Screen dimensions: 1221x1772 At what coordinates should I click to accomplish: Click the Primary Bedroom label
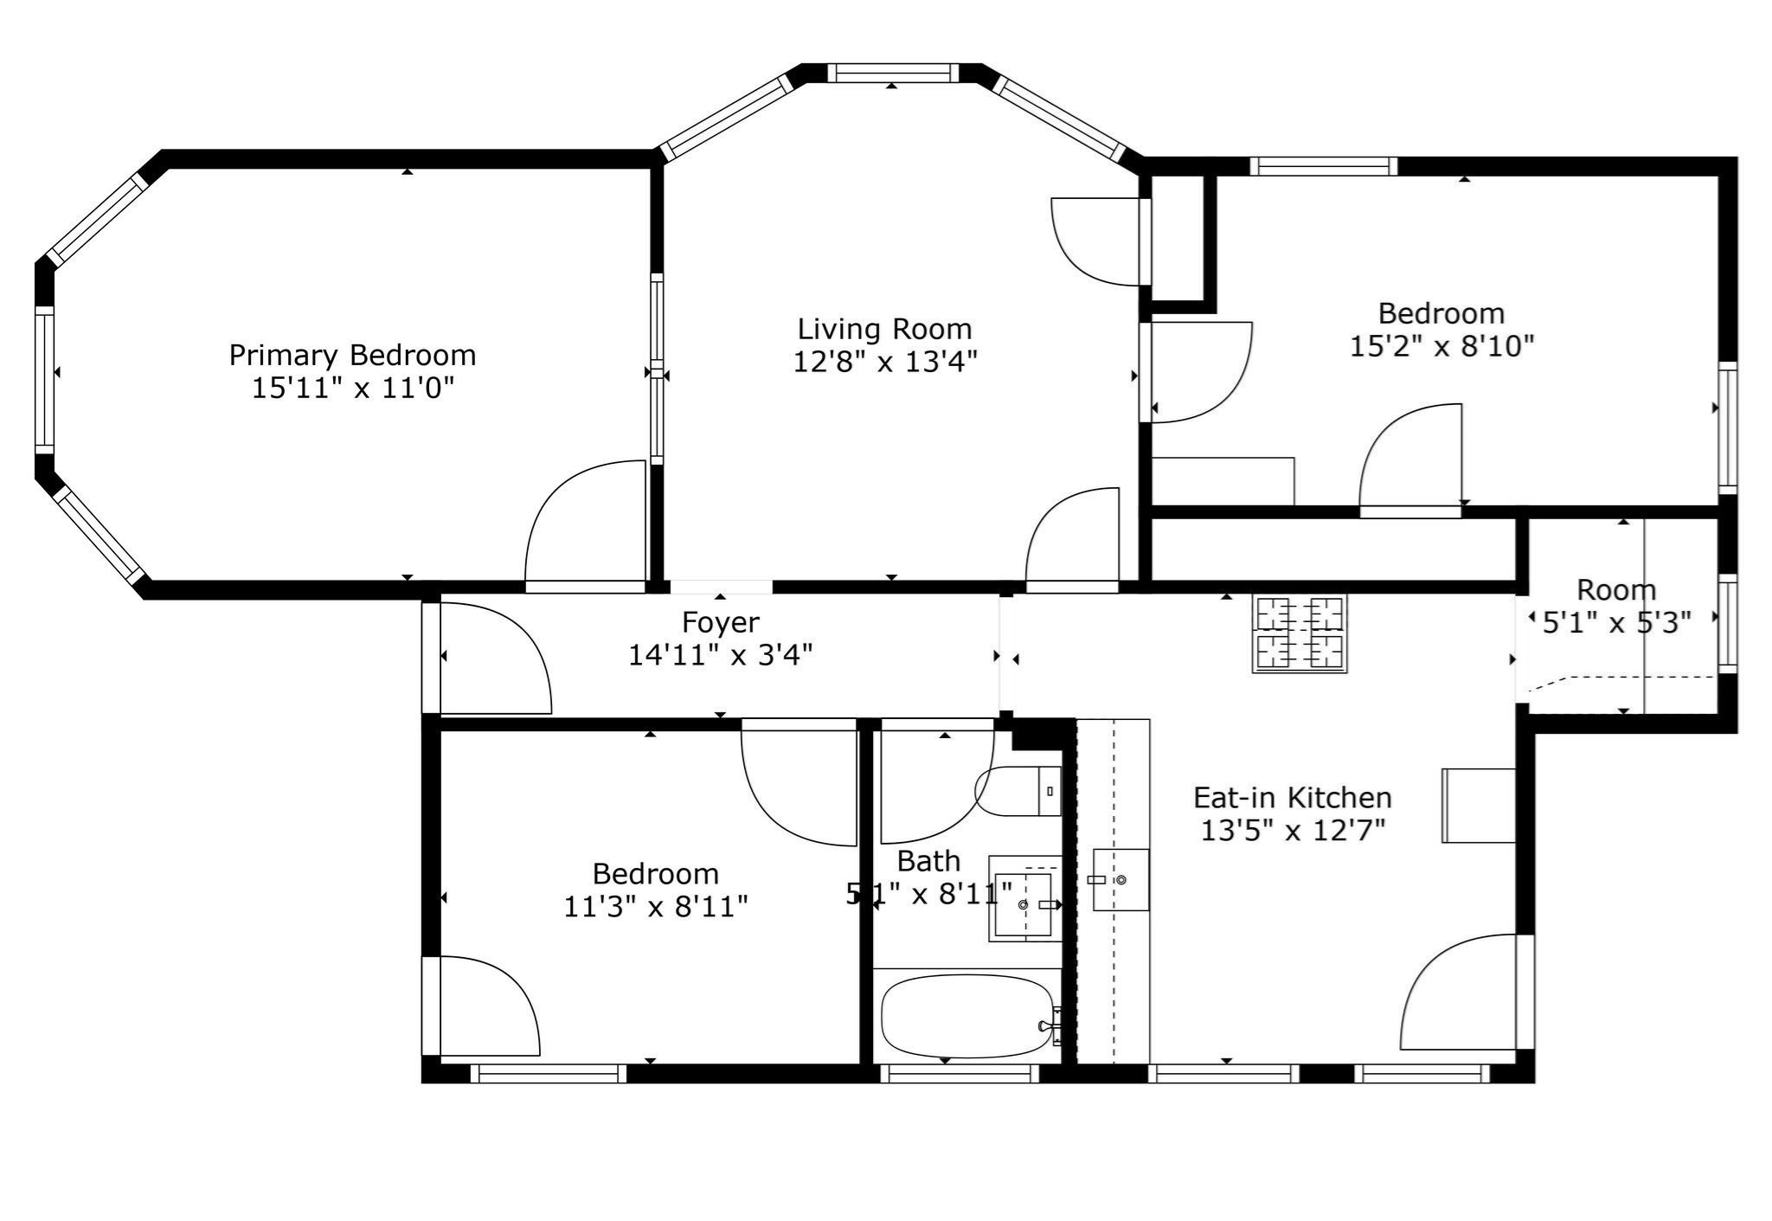click(x=352, y=356)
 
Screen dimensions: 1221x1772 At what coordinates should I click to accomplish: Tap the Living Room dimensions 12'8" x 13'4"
click(x=885, y=362)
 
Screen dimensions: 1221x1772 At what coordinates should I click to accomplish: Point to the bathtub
click(x=966, y=1015)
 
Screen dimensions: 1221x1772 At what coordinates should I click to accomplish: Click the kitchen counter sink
click(x=1120, y=879)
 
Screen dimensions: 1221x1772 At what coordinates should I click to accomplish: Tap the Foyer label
click(x=721, y=622)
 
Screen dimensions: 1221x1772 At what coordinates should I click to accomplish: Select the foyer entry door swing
click(x=493, y=659)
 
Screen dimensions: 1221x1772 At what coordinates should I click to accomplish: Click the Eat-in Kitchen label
click(x=1293, y=797)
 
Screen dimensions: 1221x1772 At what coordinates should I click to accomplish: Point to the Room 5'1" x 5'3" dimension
click(x=1616, y=623)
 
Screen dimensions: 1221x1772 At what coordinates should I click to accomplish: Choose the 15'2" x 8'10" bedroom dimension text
click(x=1441, y=346)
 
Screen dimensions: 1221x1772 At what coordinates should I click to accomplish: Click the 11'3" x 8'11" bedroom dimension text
click(x=656, y=907)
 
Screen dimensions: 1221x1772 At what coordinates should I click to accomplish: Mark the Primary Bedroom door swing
click(x=588, y=524)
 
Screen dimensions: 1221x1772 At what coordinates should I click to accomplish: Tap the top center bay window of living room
click(x=893, y=74)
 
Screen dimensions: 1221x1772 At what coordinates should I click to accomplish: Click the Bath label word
click(x=928, y=861)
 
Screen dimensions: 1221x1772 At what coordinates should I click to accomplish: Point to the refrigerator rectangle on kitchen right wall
click(x=1478, y=805)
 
